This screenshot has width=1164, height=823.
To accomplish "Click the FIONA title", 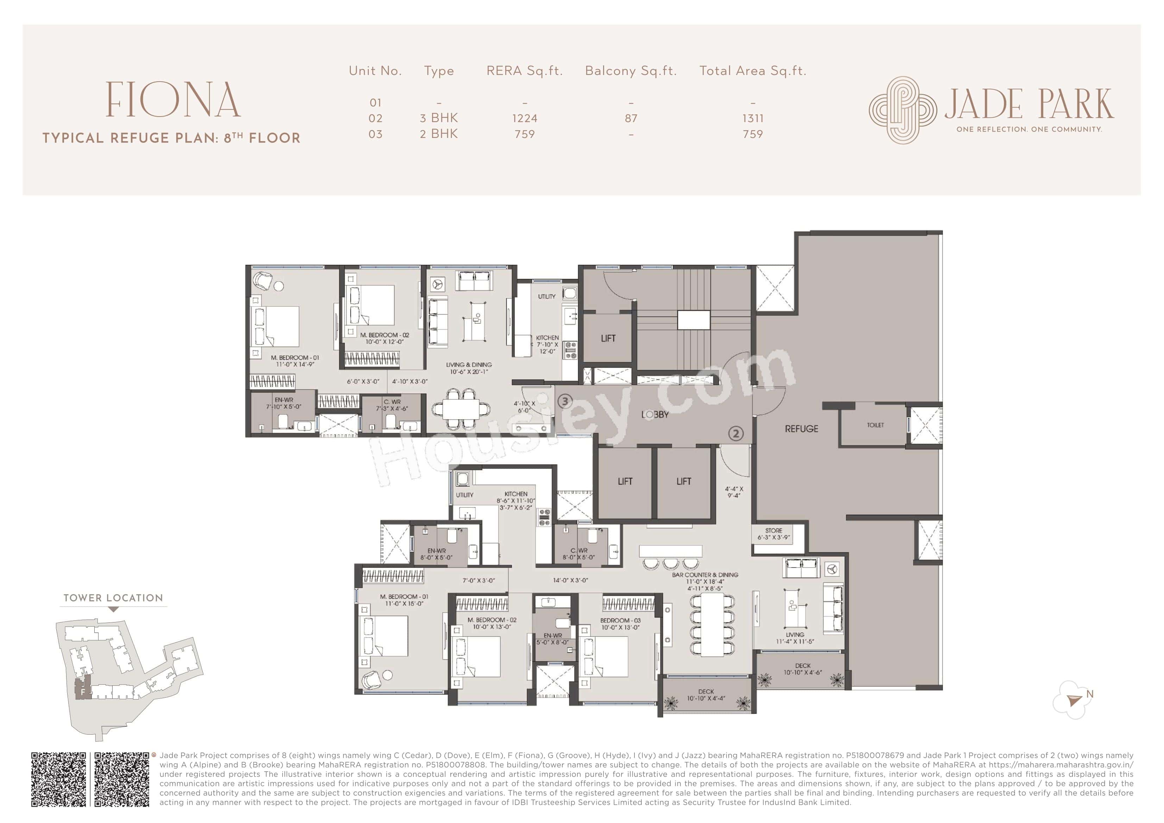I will click(173, 100).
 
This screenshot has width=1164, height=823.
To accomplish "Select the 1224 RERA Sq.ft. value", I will click(524, 118).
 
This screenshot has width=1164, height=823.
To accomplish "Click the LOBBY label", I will click(655, 415).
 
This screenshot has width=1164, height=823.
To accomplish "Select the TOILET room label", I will click(875, 425).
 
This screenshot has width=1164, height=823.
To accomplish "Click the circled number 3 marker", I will click(565, 401).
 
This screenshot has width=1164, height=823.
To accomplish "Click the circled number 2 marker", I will click(736, 433).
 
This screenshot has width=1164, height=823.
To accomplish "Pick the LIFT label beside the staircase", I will click(608, 338).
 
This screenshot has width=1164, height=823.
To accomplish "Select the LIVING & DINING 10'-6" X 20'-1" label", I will click(468, 368).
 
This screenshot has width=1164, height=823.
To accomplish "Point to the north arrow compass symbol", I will click(1074, 700).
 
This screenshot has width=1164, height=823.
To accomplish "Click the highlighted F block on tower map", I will click(83, 691).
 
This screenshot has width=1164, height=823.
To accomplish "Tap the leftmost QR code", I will click(59, 779).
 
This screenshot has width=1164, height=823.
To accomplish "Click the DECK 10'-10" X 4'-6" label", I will click(803, 669).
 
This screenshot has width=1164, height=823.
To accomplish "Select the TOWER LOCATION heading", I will click(113, 598).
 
